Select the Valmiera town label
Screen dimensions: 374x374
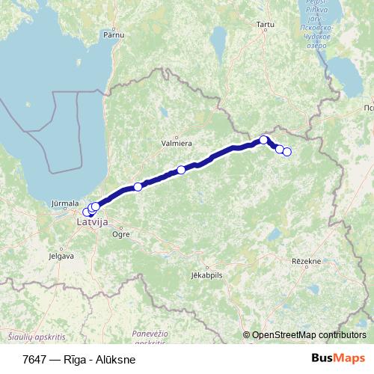click(x=177, y=142)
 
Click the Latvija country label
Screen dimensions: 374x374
click(x=93, y=222)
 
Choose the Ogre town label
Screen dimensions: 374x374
click(x=120, y=235)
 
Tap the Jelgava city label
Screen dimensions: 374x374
click(x=61, y=256)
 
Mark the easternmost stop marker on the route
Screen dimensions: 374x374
click(x=286, y=153)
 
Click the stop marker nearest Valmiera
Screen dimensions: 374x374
click(x=181, y=170)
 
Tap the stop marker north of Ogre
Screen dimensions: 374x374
click(x=138, y=187)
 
